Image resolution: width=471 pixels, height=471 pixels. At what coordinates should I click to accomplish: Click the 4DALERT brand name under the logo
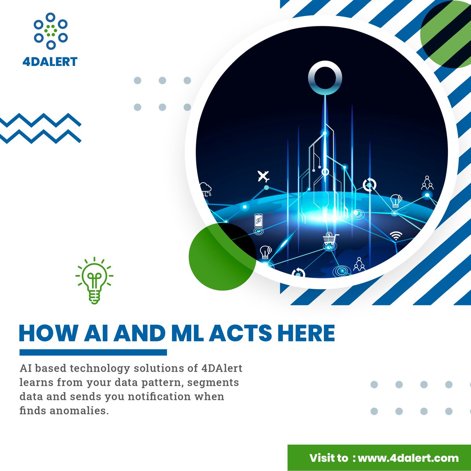pyautogui.click(x=50, y=62)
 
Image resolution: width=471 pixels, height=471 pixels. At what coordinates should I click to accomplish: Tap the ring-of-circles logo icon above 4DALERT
pyautogui.click(x=50, y=31)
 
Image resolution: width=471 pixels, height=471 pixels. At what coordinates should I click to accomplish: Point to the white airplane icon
pyautogui.click(x=263, y=176)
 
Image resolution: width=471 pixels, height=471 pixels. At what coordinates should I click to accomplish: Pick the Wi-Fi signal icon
pyautogui.click(x=396, y=235)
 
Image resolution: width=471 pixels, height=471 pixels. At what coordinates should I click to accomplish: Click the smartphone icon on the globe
pyautogui.click(x=258, y=221)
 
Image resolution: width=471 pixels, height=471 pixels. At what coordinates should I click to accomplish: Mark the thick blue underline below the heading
pyautogui.click(x=93, y=352)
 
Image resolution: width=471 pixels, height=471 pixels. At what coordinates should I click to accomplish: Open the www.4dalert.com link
pyautogui.click(x=408, y=458)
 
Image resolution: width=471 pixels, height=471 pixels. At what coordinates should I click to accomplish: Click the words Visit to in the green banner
pyautogui.click(x=329, y=458)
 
